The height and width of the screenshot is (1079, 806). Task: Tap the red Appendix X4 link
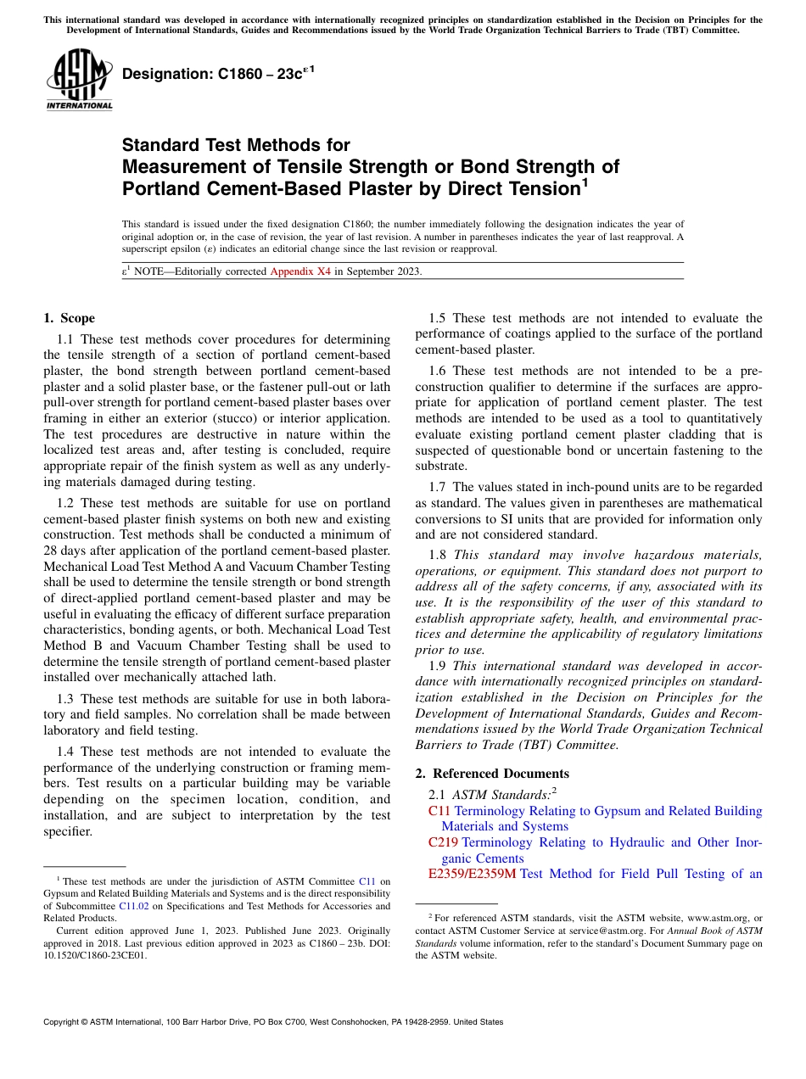pos(300,271)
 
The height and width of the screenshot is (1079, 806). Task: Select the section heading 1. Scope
pos(70,318)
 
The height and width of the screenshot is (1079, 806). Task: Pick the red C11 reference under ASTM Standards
pos(439,811)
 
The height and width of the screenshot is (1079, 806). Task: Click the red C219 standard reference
pos(443,842)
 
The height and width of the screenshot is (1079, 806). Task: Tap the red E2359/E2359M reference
pos(472,874)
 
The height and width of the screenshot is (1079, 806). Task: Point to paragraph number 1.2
pos(67,503)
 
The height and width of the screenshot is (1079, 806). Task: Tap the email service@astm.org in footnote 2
pos(585,931)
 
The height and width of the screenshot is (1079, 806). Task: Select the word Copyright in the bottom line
pos(64,1022)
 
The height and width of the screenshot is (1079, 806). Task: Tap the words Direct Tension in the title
pos(505,188)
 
